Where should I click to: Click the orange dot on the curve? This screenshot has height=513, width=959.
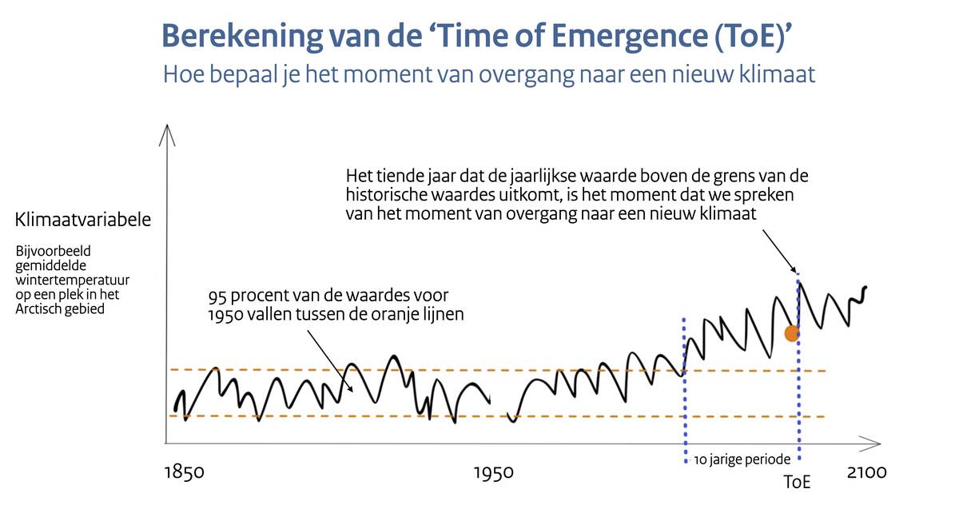coord(792,333)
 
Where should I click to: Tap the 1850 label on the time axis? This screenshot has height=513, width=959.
coord(185,473)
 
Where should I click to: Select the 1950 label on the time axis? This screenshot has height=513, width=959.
coord(493,473)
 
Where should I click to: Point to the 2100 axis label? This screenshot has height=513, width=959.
coord(866,472)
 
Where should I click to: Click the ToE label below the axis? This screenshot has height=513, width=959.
coord(797,483)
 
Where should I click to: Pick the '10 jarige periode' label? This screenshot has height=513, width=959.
coord(742,459)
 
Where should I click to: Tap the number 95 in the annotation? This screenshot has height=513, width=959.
coord(215,297)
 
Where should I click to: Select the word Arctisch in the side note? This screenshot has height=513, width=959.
coord(41,308)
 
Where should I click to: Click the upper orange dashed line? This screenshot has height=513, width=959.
coord(495,370)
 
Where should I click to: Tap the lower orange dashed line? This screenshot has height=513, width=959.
coord(495,416)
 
